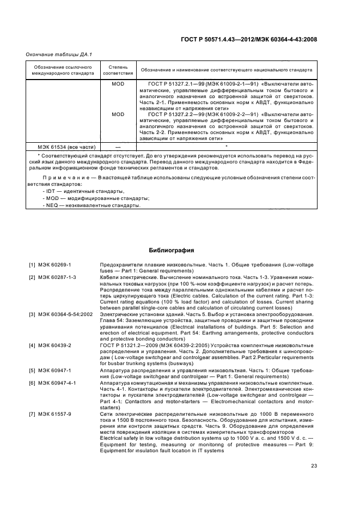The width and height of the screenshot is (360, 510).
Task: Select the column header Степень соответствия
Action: click(118, 70)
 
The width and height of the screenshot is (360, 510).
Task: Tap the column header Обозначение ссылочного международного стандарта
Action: click(62, 70)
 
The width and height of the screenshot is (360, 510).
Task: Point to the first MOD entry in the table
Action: click(118, 84)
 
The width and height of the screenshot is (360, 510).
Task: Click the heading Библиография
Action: click(172, 251)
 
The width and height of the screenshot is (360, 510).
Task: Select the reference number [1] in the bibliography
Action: click(32, 265)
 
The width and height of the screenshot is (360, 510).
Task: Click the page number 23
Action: click(314, 465)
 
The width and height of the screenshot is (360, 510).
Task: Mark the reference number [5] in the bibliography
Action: click(32, 371)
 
